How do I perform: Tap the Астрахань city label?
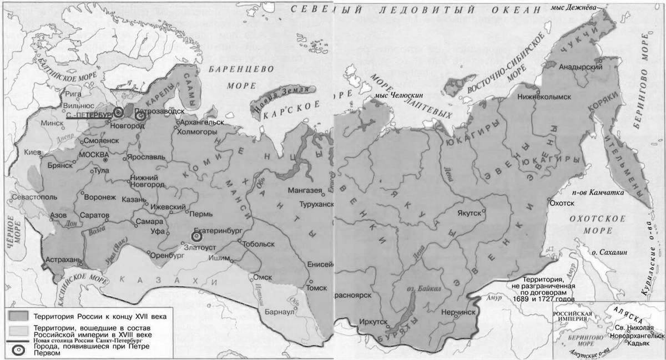tap(63, 259)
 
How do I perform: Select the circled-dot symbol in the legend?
tap(17, 349)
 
